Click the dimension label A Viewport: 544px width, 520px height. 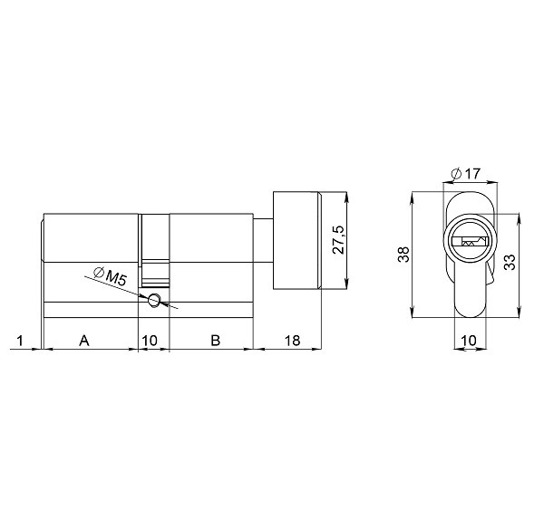coord(84,342)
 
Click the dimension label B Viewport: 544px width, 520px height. coord(215,342)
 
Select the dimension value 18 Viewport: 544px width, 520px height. coord(292,342)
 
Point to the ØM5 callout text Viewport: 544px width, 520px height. coord(110,274)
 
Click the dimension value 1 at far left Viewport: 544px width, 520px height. coord(19,342)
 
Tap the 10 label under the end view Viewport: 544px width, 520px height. coord(469,341)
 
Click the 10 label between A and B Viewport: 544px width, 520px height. coord(151,342)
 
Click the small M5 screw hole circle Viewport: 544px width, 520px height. coord(154,301)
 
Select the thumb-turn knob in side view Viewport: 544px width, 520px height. coord(297,241)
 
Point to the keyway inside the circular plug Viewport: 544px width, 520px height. coord(471,242)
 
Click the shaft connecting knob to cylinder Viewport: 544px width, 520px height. coord(262,241)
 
